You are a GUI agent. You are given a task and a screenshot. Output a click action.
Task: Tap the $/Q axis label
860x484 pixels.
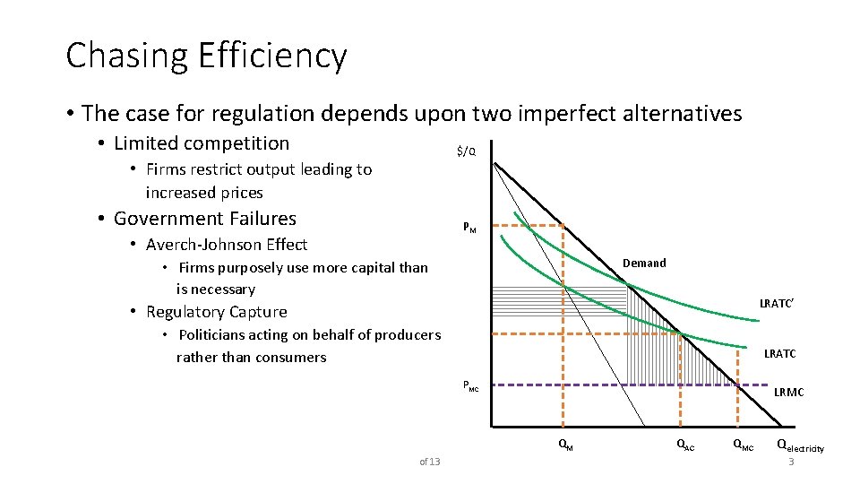[466, 151]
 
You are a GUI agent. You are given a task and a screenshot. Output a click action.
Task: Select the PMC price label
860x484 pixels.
[471, 386]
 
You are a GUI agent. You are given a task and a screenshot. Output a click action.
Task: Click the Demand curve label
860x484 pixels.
[644, 263]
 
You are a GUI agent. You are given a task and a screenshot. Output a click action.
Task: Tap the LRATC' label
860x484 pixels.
[777, 305]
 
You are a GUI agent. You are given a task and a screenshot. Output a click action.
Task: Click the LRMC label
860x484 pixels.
[788, 392]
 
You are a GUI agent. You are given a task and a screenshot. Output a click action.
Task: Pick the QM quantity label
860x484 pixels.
[565, 445]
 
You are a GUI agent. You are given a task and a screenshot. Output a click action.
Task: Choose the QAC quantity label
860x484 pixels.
[684, 445]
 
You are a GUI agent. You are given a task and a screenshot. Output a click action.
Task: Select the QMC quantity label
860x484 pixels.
[743, 445]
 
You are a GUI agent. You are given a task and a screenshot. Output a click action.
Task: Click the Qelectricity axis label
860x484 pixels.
[800, 445]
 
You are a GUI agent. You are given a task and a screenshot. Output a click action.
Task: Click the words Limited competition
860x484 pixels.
[202, 143]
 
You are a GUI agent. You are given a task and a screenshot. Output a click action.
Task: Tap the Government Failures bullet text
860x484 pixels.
[204, 219]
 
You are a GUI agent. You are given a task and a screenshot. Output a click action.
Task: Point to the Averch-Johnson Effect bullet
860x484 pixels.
[227, 245]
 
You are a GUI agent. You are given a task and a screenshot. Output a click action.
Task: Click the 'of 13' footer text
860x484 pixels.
[430, 462]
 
